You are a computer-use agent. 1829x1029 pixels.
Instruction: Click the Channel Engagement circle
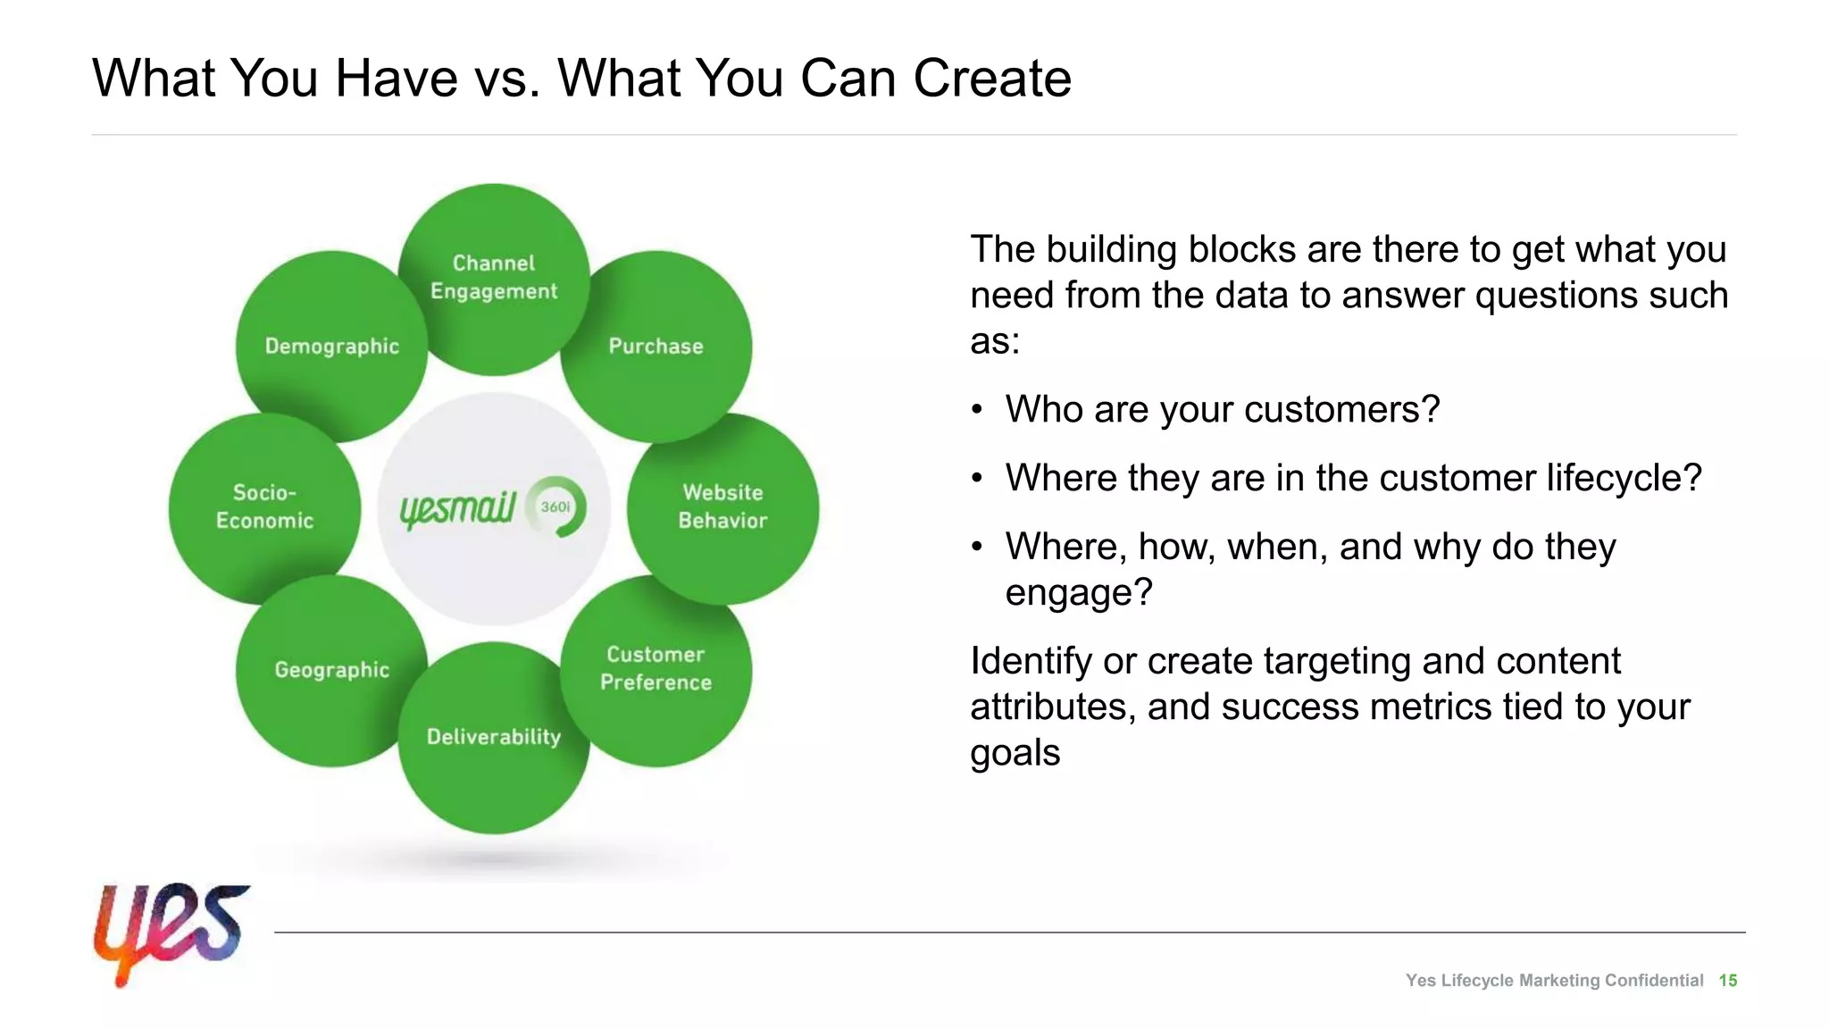click(x=493, y=278)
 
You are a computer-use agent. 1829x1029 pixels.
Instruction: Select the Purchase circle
click(x=656, y=346)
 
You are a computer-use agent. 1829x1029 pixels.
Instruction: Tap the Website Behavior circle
click(x=722, y=506)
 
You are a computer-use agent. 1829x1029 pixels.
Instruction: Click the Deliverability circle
click(x=493, y=737)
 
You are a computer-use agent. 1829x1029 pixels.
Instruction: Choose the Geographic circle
click(x=331, y=670)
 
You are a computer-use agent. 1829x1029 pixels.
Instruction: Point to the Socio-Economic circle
click(x=264, y=506)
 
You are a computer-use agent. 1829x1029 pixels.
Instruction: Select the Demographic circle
click(x=331, y=346)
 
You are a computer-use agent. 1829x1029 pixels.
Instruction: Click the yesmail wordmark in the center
click(x=457, y=509)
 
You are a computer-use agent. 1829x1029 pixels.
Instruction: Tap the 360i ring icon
click(x=556, y=506)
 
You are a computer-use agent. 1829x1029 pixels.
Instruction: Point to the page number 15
click(x=1727, y=981)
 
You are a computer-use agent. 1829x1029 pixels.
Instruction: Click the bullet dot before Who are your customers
click(x=977, y=410)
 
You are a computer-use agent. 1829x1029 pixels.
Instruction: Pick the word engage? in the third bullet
click(x=1079, y=592)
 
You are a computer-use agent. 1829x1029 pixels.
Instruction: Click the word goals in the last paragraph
click(x=1015, y=753)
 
